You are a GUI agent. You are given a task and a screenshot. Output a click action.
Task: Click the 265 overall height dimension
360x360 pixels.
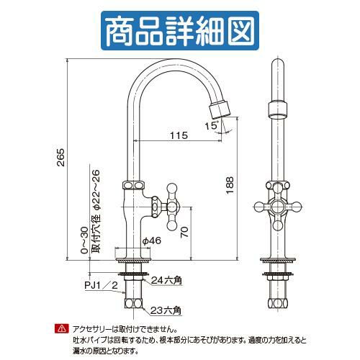(61, 158)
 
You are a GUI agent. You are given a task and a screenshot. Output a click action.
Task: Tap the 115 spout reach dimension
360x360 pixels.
(179, 135)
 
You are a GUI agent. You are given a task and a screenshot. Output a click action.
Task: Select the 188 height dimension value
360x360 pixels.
(230, 185)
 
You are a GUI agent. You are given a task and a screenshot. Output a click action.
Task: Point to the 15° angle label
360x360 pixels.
(212, 125)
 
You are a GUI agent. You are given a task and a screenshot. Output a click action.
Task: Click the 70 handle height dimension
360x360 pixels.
(184, 232)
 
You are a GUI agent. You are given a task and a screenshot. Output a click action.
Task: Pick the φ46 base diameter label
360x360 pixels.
(152, 240)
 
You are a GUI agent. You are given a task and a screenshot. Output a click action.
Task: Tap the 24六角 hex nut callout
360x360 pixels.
(166, 280)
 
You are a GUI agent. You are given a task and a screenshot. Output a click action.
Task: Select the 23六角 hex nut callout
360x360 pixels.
(166, 310)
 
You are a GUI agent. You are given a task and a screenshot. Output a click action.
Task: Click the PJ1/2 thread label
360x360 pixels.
(102, 285)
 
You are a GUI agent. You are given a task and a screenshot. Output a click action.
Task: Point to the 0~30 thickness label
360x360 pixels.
(84, 240)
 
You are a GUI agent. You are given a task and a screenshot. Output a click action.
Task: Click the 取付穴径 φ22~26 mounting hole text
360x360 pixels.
(96, 211)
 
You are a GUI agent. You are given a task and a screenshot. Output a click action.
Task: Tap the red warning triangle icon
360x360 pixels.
(62, 328)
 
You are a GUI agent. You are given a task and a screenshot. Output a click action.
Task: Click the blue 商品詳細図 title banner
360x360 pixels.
(180, 31)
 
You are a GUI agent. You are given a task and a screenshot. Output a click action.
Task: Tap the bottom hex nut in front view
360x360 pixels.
(277, 304)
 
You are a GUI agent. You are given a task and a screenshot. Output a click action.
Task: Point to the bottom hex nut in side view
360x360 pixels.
(133, 304)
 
